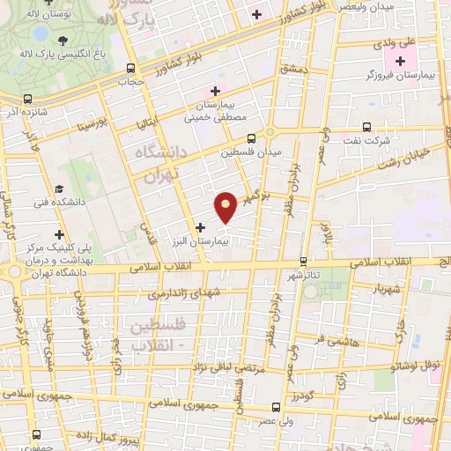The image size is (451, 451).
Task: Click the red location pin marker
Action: tap(226, 206)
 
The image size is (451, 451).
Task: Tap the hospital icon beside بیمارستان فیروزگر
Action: tap(401, 61)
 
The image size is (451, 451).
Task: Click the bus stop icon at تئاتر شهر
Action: tap(303, 261)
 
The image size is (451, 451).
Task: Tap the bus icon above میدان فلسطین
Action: tap(251, 137)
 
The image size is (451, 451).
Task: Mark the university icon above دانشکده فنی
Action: tap(59, 189)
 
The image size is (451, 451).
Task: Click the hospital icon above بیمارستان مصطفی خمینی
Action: tap(212, 91)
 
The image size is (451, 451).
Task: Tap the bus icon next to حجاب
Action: tap(131, 68)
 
